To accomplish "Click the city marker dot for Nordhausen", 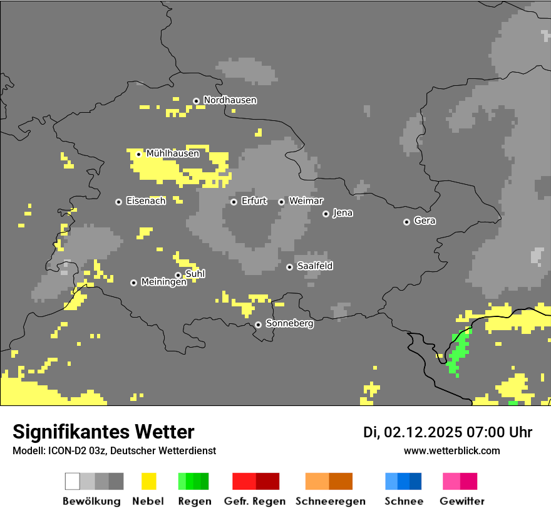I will [x=196, y=101].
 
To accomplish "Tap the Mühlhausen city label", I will [x=172, y=153].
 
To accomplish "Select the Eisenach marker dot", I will [x=118, y=202].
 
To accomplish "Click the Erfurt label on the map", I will [x=254, y=201].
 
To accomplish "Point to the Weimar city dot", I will [x=282, y=202].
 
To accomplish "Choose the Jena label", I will [x=342, y=213].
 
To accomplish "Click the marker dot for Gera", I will [x=406, y=222].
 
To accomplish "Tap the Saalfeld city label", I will [x=314, y=266].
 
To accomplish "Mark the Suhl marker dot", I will [x=178, y=275].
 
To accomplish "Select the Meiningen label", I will [x=163, y=283].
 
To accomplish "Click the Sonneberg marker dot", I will [x=258, y=325].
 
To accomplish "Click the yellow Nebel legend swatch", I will [x=148, y=481].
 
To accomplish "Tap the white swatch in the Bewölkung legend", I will [x=73, y=481].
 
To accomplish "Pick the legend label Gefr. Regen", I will [x=255, y=501].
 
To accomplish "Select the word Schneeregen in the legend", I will [x=330, y=501].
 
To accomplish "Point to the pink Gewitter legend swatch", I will [x=451, y=481].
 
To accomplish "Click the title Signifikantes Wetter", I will [x=103, y=432].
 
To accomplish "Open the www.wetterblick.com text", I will [x=451, y=450].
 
